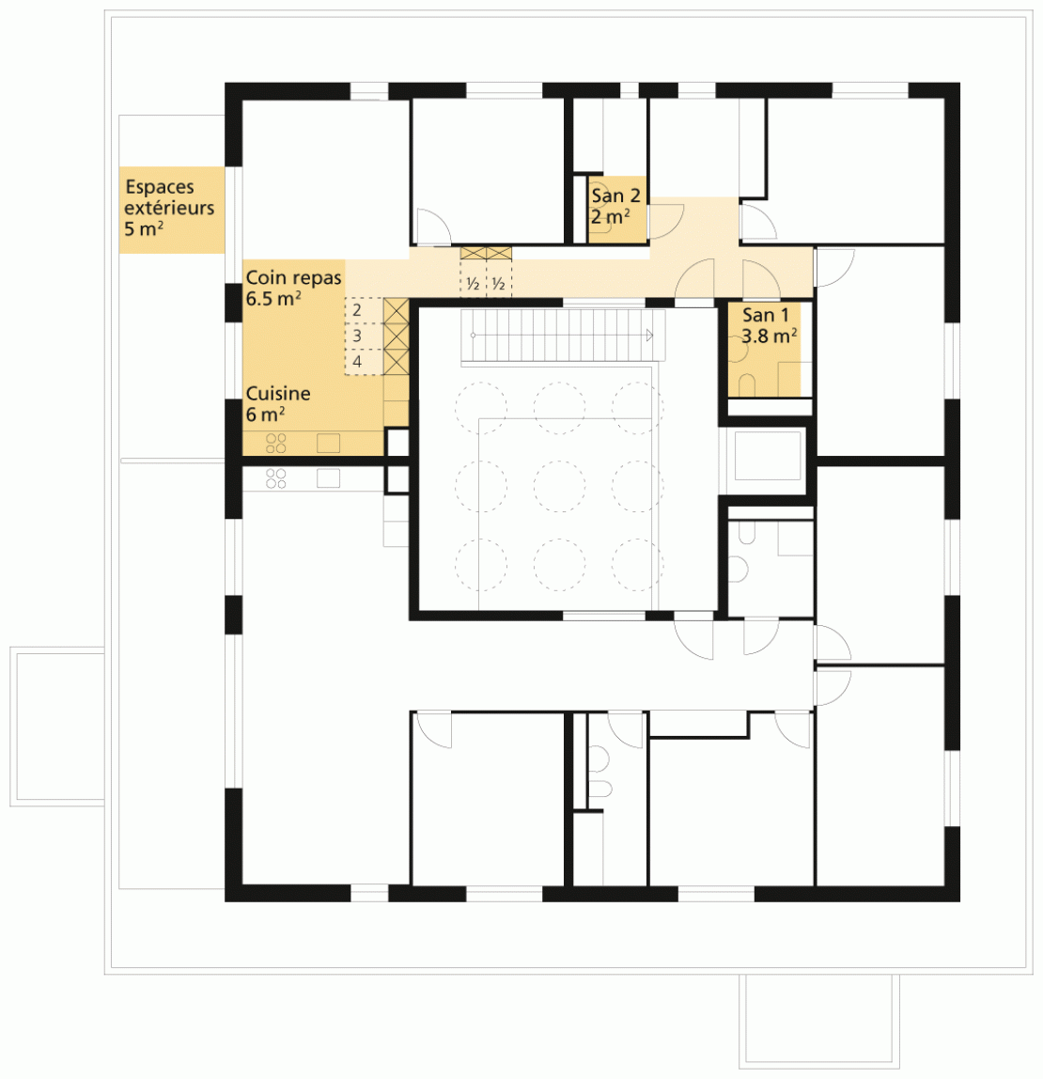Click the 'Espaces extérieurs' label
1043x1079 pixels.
pos(169,197)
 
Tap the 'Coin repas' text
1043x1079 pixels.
pos(294,278)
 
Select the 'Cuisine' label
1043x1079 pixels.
pos(278,394)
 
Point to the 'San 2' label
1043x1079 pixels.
pos(615,195)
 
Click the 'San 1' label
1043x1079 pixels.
pos(765,315)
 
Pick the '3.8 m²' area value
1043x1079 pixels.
pos(770,336)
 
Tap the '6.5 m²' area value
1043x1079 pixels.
pos(273,299)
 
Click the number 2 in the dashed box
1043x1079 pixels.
pos(356,310)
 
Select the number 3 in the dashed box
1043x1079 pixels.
pos(357,336)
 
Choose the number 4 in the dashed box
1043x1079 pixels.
pos(357,361)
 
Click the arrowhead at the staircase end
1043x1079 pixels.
pos(649,336)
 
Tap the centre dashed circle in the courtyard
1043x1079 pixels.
pos(559,486)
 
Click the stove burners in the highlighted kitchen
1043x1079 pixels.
pos(276,444)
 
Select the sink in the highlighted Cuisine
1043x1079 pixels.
pos(328,443)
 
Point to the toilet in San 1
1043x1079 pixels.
pos(746,385)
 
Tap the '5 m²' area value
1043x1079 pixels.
pos(144,229)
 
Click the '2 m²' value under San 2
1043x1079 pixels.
pos(610,217)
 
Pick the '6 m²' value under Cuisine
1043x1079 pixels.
pos(266,414)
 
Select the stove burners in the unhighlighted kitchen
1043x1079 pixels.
pos(276,478)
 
